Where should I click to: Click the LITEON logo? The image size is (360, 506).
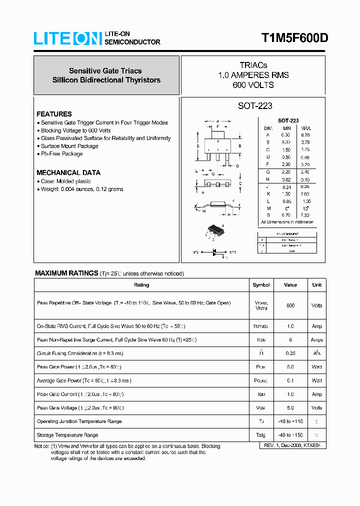[x=67, y=38]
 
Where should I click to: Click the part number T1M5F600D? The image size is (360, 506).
[x=294, y=38]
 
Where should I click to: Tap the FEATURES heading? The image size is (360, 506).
[x=54, y=114]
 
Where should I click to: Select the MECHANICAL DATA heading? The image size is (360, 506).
[x=68, y=172]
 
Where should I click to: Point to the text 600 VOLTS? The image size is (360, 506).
[x=253, y=85]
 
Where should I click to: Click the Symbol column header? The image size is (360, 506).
[x=261, y=285]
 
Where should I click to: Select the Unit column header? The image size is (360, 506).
[x=316, y=285]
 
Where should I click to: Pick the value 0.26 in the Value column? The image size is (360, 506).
[x=290, y=353]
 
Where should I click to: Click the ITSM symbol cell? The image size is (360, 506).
[x=261, y=339]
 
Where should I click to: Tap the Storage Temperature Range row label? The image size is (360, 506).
[x=67, y=435]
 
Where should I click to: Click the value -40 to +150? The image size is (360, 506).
[x=290, y=435]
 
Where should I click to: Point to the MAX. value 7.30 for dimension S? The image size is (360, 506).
[x=305, y=215]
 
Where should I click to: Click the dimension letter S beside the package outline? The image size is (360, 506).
[x=198, y=146]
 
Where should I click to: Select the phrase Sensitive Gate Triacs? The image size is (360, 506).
[x=105, y=71]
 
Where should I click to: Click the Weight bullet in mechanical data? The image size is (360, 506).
[x=81, y=189]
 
